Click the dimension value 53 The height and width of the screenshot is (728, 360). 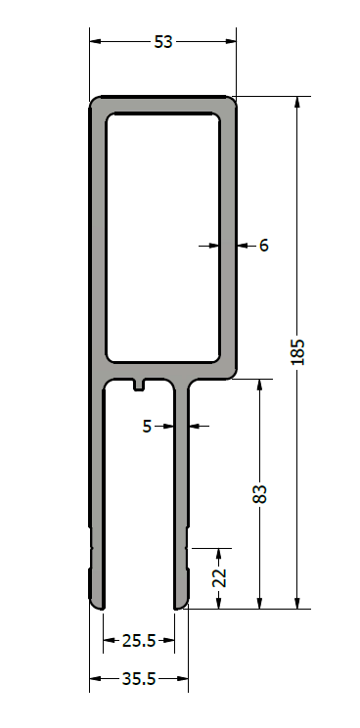pyautogui.click(x=163, y=42)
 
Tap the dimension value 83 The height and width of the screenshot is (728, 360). pyautogui.click(x=261, y=494)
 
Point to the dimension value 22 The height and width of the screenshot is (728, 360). pyautogui.click(x=220, y=577)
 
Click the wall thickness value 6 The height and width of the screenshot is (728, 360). pyautogui.click(x=263, y=246)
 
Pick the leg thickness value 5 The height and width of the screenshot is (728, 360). pyautogui.click(x=147, y=426)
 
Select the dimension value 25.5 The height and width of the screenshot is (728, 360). pyautogui.click(x=139, y=641)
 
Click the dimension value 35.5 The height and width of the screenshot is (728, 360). pyautogui.click(x=139, y=679)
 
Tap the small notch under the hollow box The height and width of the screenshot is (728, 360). pyautogui.click(x=139, y=386)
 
